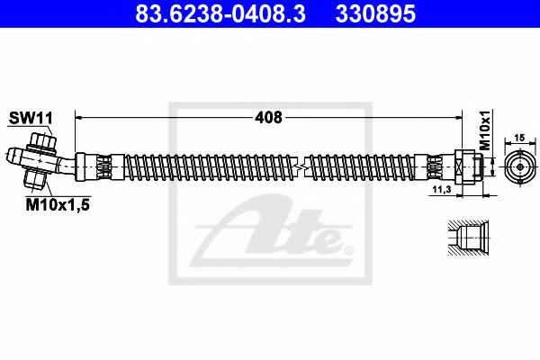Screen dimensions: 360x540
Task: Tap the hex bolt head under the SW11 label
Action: pos(42,142)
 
